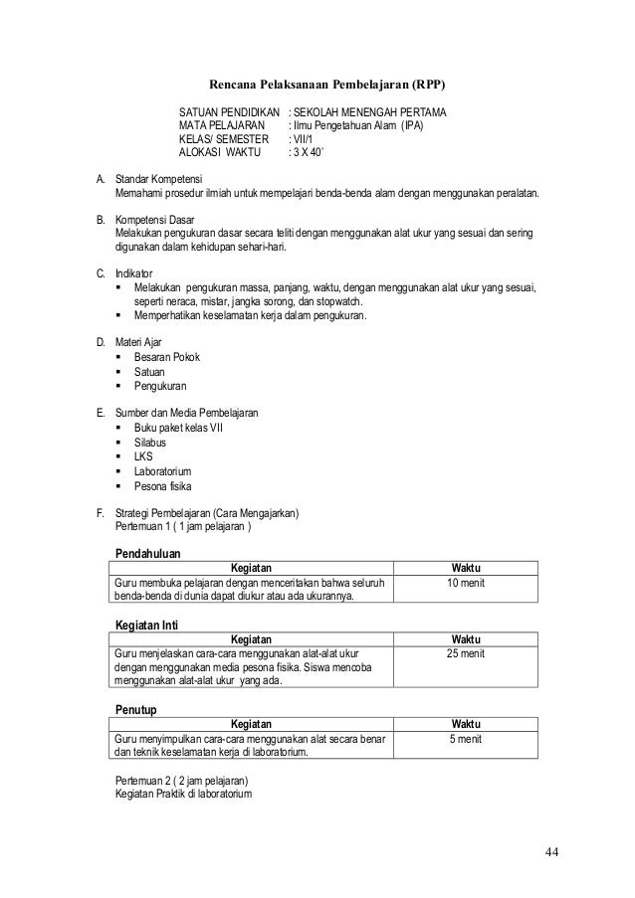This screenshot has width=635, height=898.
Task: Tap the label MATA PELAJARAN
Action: [221, 125]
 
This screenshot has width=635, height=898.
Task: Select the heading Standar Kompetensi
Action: [159, 178]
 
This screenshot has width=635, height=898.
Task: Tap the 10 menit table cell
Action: [466, 582]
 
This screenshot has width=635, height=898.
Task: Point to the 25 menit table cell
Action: [466, 654]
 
